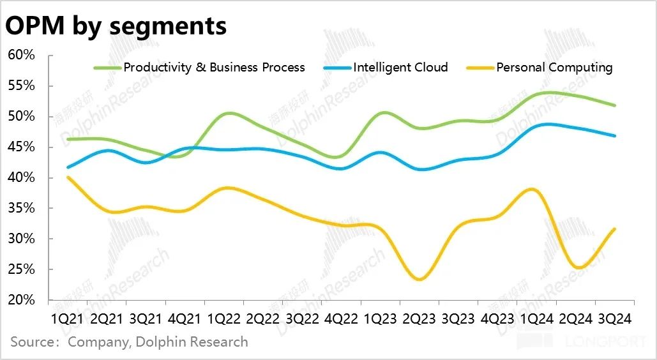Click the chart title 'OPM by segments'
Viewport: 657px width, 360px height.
point(116,26)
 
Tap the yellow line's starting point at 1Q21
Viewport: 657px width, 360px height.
point(68,177)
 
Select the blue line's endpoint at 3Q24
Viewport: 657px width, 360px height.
point(614,136)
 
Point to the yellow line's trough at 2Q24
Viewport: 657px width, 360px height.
point(578,267)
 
